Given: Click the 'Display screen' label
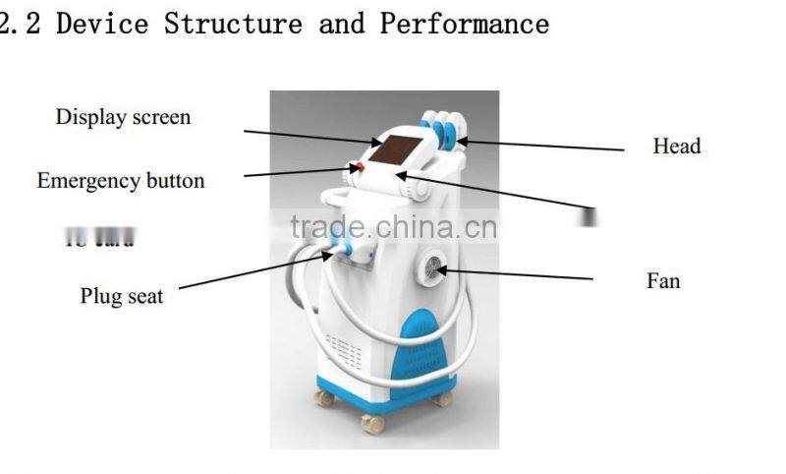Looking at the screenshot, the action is tap(123, 117).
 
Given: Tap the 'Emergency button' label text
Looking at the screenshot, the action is tap(121, 181).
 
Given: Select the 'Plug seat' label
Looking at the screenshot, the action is tap(122, 295).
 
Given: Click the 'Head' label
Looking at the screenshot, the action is tap(677, 147).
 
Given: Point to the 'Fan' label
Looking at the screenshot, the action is tap(663, 281).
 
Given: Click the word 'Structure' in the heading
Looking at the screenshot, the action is tap(233, 24).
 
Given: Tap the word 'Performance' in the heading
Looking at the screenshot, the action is tap(464, 24).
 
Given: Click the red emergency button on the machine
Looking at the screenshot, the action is tap(360, 169).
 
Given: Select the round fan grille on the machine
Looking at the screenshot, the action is tap(433, 268).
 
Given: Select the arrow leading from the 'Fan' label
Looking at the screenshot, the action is tap(516, 273).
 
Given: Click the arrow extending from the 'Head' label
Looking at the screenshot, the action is tap(540, 145).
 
